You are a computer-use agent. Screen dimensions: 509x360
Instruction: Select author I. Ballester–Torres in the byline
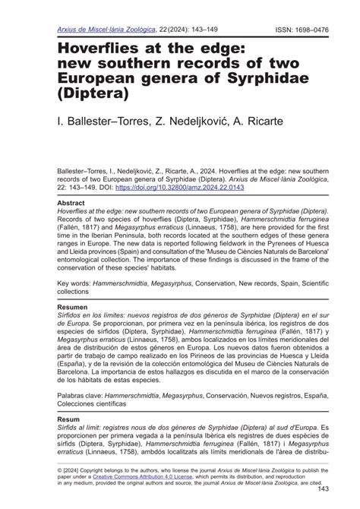[97, 120]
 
